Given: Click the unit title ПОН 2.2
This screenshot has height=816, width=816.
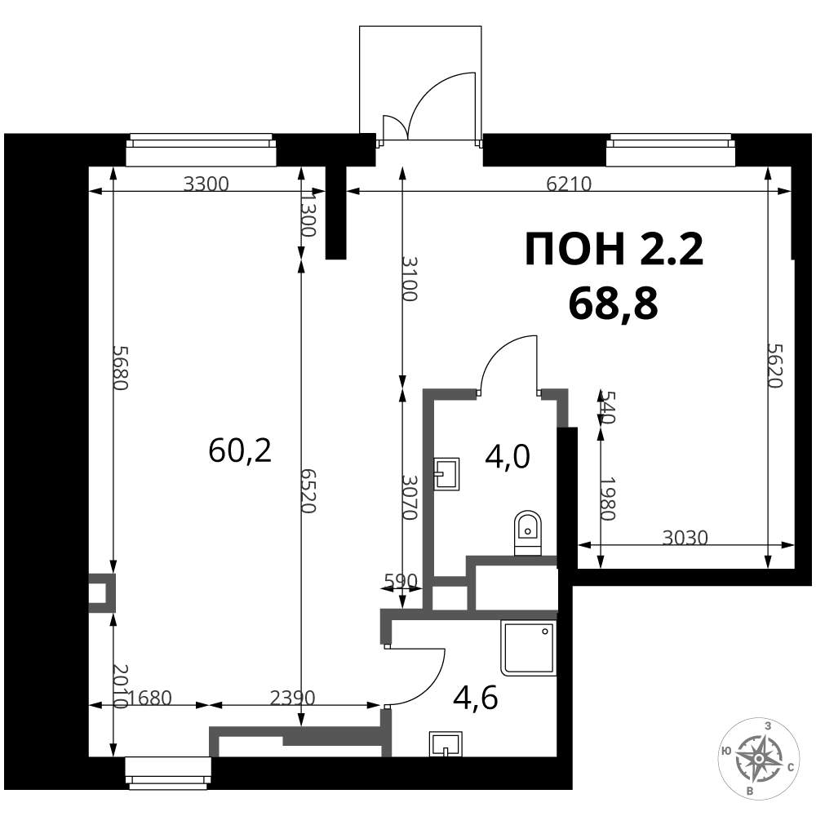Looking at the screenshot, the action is tap(614, 249).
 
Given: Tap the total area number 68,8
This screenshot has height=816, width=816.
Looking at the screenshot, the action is tap(614, 304).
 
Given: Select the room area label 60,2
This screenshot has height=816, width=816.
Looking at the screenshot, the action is tap(240, 450).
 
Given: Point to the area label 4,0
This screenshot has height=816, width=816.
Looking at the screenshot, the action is tap(508, 457).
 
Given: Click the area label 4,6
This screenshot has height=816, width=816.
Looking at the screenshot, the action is tap(476, 698).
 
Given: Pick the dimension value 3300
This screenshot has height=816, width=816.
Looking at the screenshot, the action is tap(206, 184).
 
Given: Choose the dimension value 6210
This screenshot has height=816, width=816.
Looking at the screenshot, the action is tap(570, 184).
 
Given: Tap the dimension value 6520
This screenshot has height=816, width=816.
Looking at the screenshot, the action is tap(308, 490).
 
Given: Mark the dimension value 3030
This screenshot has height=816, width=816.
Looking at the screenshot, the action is tap(685, 538).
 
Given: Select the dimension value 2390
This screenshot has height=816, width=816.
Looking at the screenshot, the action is tap(292, 698).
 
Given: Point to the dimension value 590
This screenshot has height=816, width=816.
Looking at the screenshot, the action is tap(401, 579).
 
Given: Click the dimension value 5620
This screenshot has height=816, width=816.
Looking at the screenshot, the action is tap(775, 366).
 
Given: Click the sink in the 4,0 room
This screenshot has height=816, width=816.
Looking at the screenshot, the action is tap(447, 473).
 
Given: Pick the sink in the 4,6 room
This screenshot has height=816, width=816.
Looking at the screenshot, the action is tap(446, 743).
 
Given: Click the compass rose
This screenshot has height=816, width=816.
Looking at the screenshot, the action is tap(759, 758).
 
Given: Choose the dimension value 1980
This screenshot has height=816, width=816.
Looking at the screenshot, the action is tap(608, 499).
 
